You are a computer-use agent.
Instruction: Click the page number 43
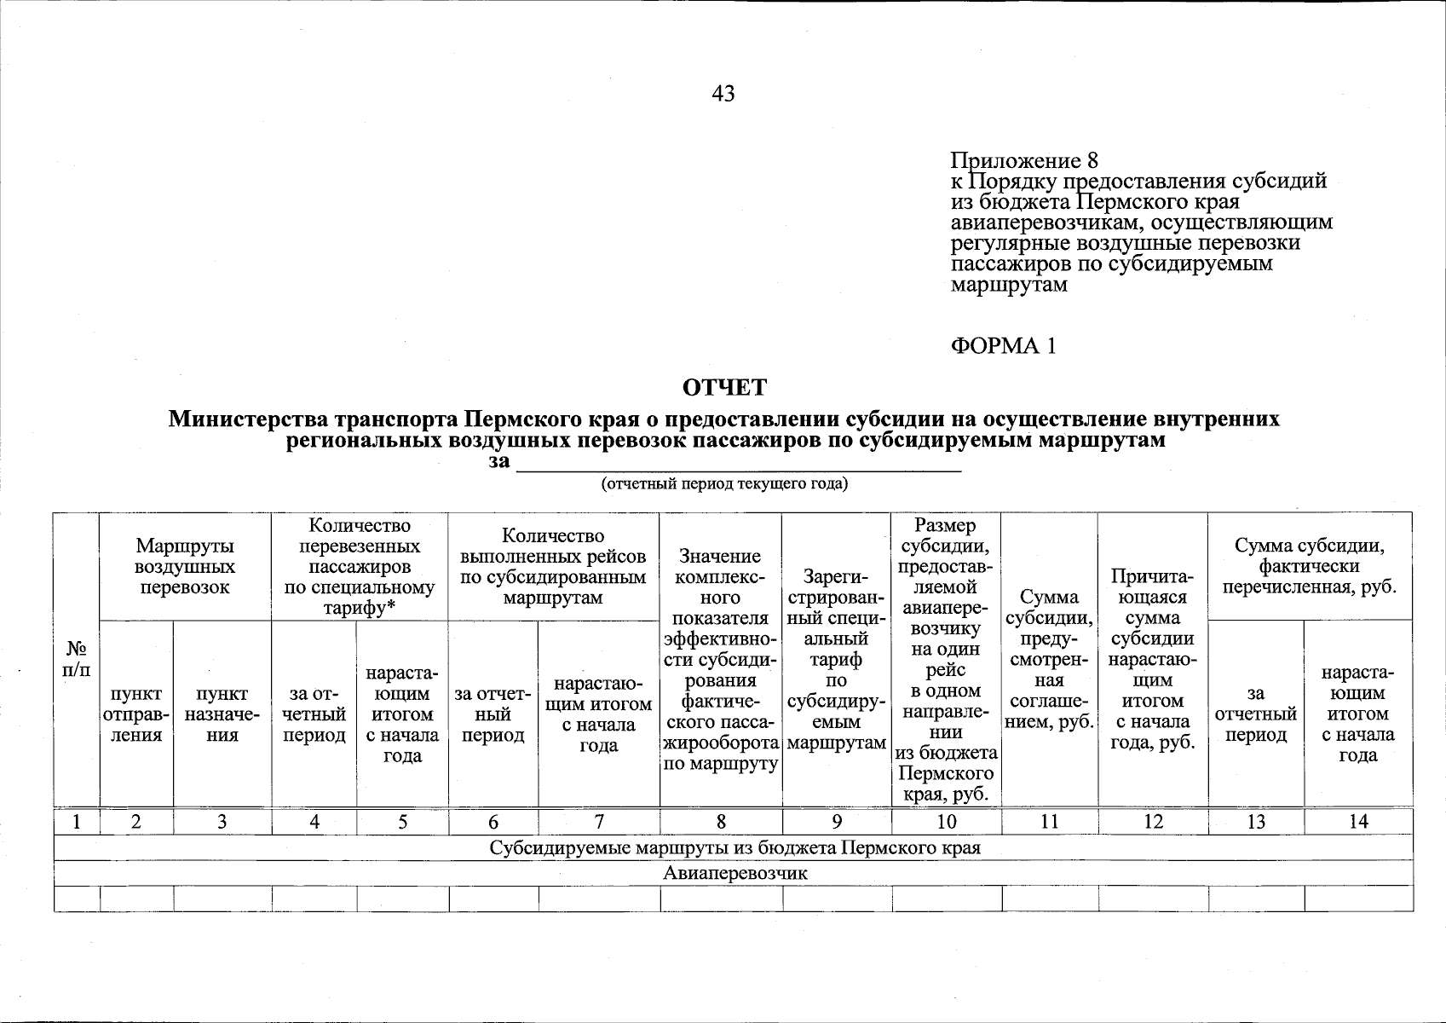(x=723, y=94)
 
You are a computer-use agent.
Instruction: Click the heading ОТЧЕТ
(x=724, y=388)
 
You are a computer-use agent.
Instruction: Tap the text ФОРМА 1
(x=1003, y=345)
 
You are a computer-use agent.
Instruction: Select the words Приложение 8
(x=1024, y=161)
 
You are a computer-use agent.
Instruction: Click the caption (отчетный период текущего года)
(x=725, y=484)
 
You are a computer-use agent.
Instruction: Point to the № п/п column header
(x=77, y=659)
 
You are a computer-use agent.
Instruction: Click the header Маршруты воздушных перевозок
(x=185, y=566)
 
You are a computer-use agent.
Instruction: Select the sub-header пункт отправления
(x=136, y=714)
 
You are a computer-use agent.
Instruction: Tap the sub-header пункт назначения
(x=222, y=714)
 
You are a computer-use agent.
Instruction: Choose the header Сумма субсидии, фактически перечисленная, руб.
(x=1309, y=566)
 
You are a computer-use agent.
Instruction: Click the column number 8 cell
(x=721, y=821)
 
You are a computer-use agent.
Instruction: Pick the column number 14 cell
(x=1357, y=821)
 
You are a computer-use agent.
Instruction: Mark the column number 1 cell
(x=77, y=821)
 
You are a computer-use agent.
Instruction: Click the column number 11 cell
(x=1049, y=821)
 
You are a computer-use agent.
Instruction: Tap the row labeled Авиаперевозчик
(x=734, y=873)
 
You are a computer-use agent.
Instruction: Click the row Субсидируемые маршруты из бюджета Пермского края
(x=734, y=847)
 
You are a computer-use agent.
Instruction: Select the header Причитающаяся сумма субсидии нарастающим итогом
(x=1152, y=660)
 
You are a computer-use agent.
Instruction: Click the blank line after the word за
(x=740, y=465)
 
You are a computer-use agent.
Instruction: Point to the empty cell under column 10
(x=946, y=899)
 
